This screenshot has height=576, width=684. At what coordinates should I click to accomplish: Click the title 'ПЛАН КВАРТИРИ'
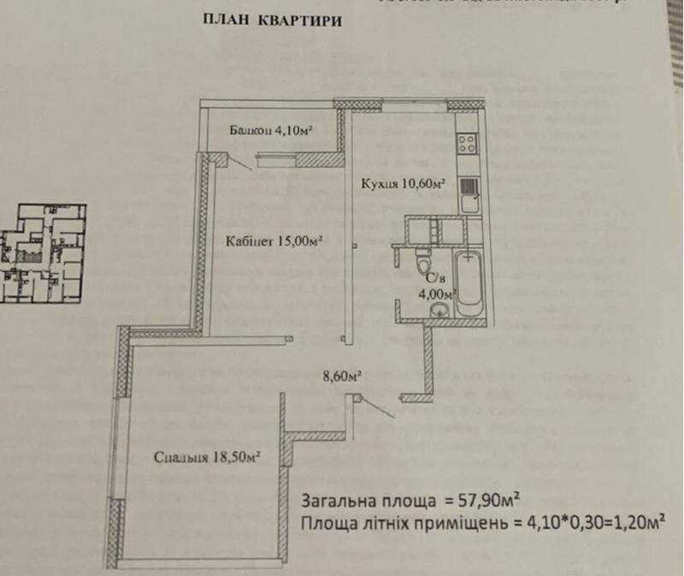(x=271, y=21)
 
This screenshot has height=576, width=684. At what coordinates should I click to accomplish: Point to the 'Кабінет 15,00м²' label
(x=274, y=241)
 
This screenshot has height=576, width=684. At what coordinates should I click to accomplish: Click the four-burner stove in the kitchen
(x=467, y=143)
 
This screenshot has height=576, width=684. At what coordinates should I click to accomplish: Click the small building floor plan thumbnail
(x=43, y=252)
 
